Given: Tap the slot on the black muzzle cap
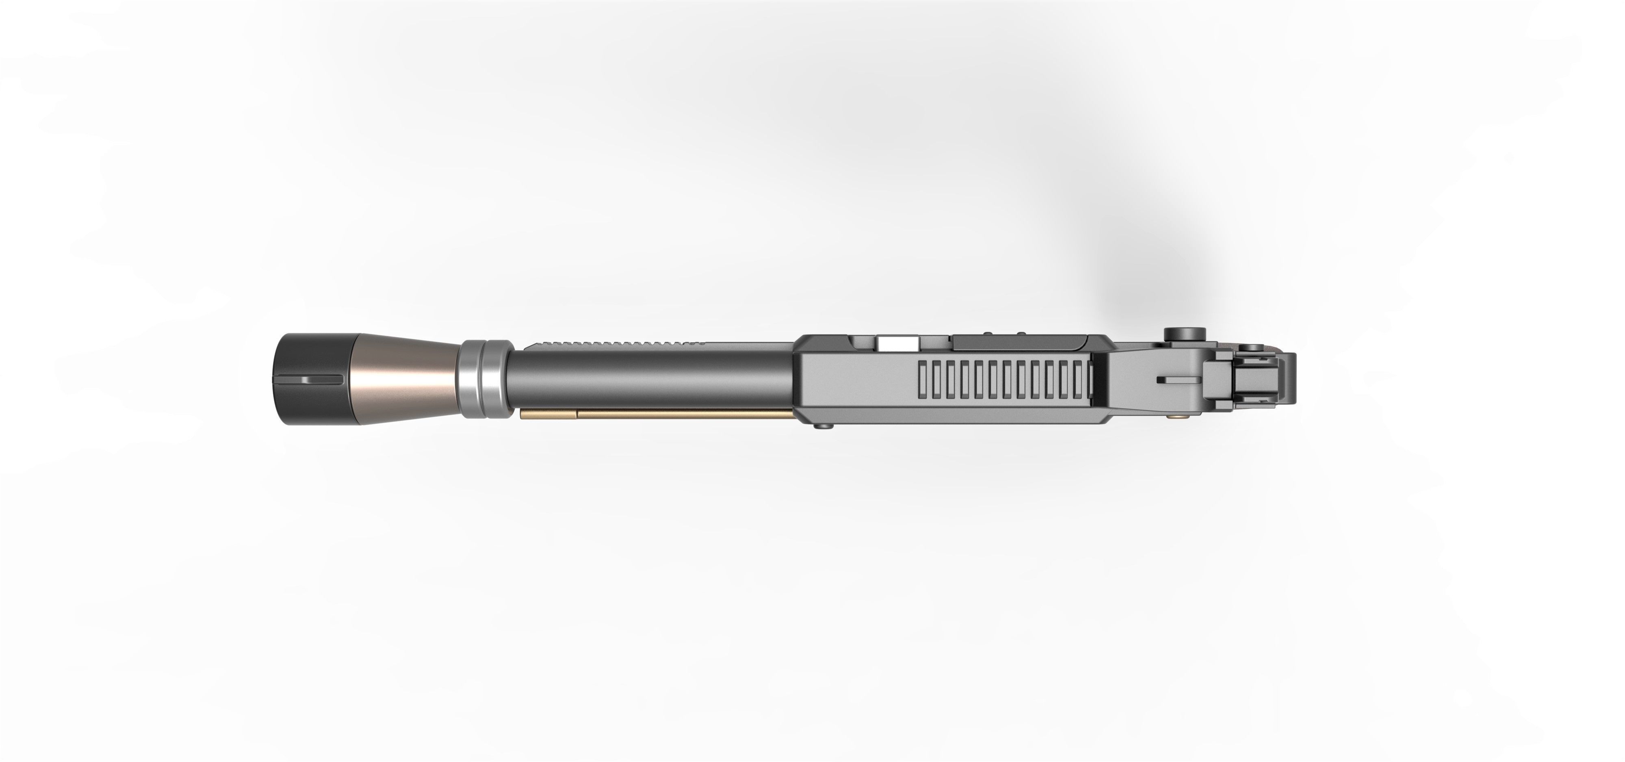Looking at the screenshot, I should pyautogui.click(x=322, y=379).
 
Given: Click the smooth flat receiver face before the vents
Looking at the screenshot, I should pyautogui.click(x=858, y=382).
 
